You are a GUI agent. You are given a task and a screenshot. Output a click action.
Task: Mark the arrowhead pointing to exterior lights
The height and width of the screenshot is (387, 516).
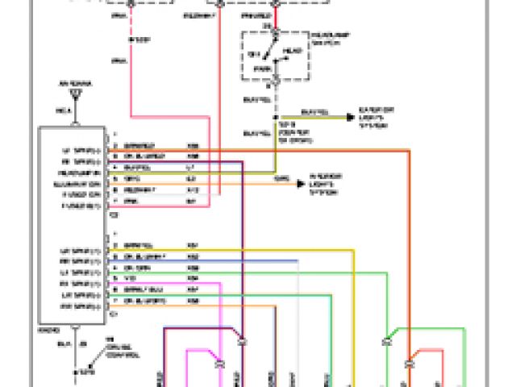click(350, 118)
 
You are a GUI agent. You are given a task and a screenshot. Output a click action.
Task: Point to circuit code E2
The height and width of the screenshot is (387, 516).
click(191, 178)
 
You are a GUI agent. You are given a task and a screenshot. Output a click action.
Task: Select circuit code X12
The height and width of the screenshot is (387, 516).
click(193, 189)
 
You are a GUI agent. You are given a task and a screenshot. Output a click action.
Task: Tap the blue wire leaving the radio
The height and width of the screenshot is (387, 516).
click(242, 260)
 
